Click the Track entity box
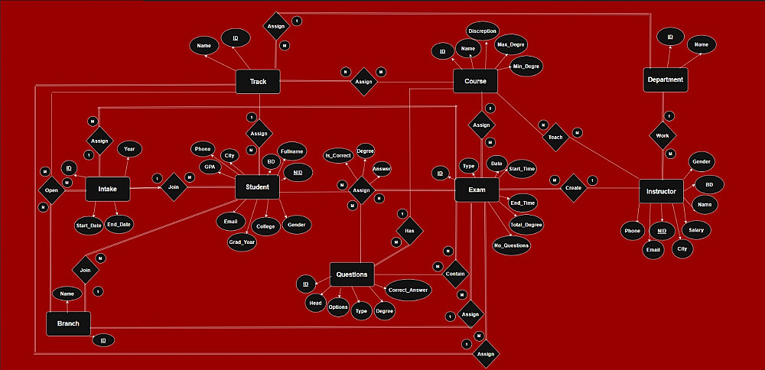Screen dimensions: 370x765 258,82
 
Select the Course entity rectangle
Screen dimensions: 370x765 475,81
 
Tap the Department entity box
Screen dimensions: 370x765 664,80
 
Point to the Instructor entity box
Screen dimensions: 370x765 660,190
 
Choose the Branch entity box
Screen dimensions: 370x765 68,323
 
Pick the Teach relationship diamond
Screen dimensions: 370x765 555,136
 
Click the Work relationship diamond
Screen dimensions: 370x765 662,136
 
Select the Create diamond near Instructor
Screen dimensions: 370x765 573,188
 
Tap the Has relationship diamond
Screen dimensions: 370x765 410,230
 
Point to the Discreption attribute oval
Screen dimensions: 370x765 483,31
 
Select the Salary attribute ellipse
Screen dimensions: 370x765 695,229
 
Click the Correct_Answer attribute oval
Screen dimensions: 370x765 408,291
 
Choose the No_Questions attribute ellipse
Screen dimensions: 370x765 512,245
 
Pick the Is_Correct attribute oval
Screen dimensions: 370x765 338,155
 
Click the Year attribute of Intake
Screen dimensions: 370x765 129,149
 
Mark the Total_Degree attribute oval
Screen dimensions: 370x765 526,224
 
